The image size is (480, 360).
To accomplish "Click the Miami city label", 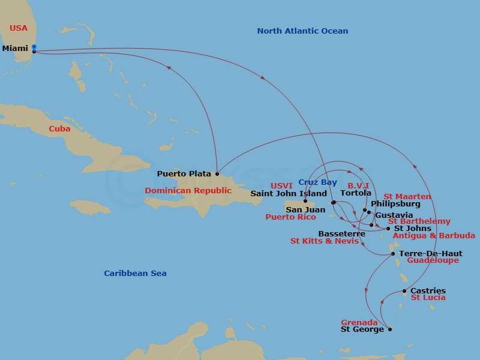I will tap(15, 48).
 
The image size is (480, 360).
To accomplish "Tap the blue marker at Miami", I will tap(34, 46).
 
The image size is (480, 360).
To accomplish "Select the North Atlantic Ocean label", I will tap(302, 31).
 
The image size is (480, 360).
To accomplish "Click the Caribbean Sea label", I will tap(135, 274).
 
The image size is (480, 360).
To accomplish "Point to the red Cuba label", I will tap(59, 129).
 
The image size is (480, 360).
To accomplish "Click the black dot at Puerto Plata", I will tap(217, 174).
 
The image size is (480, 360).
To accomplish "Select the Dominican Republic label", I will tap(188, 191).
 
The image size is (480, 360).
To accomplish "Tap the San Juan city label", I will tap(305, 210).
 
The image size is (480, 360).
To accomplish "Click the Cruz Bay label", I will tap(317, 182).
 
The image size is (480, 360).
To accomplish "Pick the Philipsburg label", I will tap(395, 204).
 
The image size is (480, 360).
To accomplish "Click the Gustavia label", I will tap(394, 215).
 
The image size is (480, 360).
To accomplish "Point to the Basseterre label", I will tap(341, 233).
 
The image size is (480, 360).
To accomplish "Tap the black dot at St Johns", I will tap(388, 229).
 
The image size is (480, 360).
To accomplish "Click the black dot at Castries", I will tap(404, 292).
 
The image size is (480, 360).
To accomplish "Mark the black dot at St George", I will tap(390, 329).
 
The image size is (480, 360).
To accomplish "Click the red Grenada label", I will tap(359, 322).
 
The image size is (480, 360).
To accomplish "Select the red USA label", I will tap(19, 28).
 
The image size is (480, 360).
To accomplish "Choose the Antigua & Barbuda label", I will tap(434, 236).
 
